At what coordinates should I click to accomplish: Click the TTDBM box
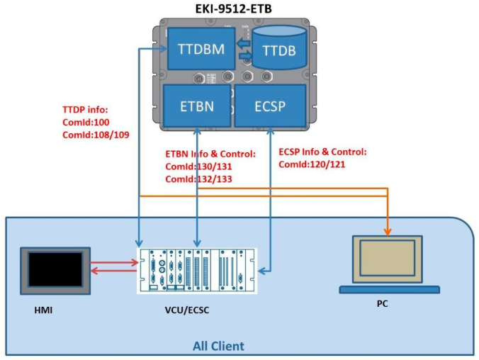click(x=201, y=50)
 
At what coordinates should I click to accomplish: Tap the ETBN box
click(x=196, y=106)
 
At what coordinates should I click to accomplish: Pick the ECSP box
click(x=270, y=106)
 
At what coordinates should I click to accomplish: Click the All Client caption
click(x=218, y=347)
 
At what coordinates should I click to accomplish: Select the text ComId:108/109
click(x=96, y=134)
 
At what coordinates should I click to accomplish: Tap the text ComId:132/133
click(x=199, y=179)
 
